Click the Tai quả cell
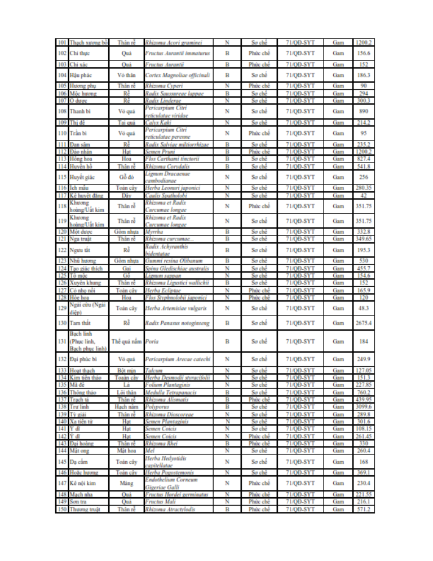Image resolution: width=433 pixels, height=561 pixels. (127, 122)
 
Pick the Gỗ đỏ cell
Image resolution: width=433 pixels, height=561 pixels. (127, 177)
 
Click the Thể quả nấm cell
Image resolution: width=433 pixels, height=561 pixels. (127, 341)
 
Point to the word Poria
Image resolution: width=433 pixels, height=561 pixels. (151, 341)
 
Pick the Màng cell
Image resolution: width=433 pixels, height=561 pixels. (127, 483)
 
